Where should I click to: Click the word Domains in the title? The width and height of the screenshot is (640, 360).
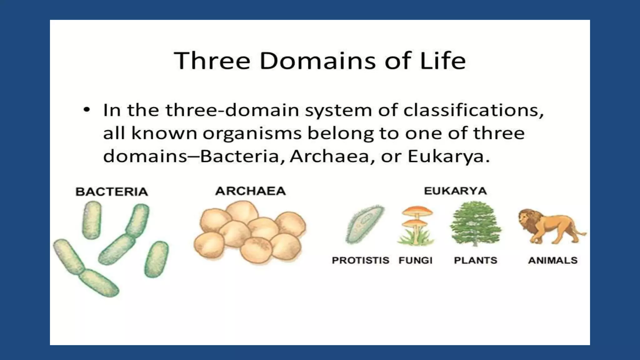coord(317,61)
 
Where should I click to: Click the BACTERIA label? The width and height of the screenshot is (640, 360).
coord(112,192)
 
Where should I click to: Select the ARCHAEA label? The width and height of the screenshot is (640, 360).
coord(250,191)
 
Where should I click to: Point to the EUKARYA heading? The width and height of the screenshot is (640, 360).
coord(455,191)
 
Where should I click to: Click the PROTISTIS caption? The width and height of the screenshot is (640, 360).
coord(360,260)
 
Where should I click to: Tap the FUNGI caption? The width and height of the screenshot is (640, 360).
coord(415,260)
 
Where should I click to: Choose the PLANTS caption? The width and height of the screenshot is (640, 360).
coord(475,260)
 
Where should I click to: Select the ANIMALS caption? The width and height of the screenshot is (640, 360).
coord(552,260)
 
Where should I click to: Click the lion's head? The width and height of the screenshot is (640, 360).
coord(528,219)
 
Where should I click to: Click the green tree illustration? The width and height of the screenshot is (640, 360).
coord(475,222)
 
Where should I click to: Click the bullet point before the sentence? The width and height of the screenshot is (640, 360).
coord(87,110)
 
